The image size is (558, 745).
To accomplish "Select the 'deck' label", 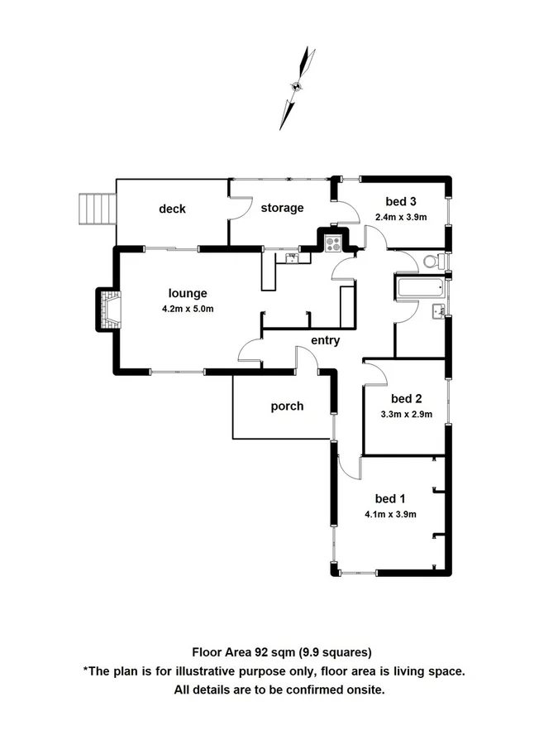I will tap(172, 209).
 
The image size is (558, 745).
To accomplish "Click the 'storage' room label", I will tap(282, 208).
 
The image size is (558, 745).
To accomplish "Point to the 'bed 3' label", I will tap(400, 201).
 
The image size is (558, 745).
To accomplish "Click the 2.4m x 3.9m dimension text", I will tap(400, 217).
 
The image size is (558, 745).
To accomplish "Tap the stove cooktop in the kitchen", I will tap(334, 243).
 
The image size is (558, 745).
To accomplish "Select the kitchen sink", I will tap(292, 257).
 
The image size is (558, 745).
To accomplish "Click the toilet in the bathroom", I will tap(432, 262).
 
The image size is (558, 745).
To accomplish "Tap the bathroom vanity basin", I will tap(438, 311).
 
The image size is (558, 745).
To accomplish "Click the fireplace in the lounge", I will tap(107, 309).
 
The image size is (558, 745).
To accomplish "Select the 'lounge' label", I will tap(188, 293).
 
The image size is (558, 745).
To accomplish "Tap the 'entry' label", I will tap(325, 340).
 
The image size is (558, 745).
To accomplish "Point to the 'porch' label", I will tap(287, 406).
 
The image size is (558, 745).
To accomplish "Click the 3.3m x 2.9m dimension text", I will tap(406, 415).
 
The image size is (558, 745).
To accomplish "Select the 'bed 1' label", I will tap(390, 498).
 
